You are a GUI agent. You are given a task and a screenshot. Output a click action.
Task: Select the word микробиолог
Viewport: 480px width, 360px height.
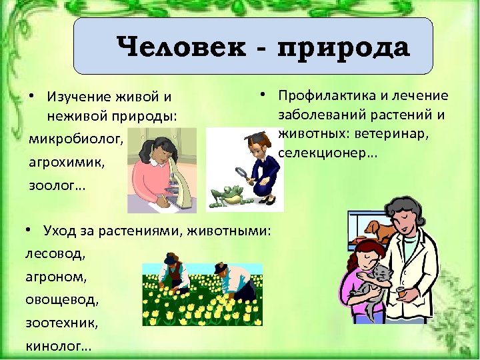click(x=75, y=140)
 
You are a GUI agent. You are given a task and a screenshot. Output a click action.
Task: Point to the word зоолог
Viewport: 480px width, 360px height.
click(x=55, y=185)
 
